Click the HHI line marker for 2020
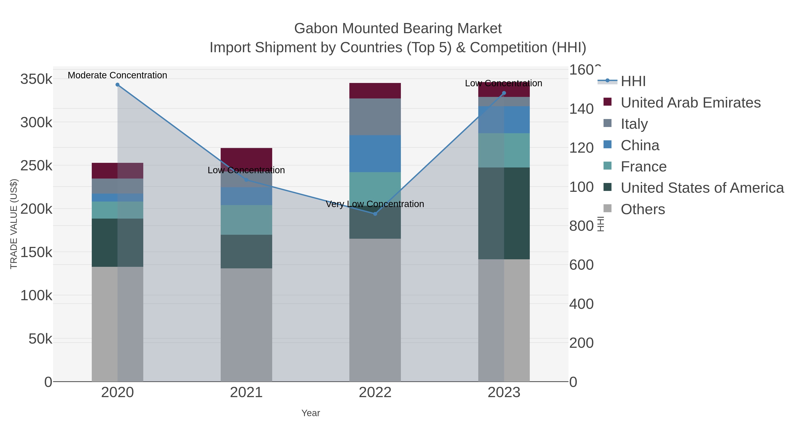point(117,85)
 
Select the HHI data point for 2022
point(375,214)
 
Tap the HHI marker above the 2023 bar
point(504,93)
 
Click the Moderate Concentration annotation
point(117,75)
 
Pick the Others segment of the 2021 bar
point(246,325)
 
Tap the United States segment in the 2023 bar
point(504,213)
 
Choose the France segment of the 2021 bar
point(246,220)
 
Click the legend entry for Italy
point(634,124)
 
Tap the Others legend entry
point(643,209)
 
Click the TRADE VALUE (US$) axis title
point(14,224)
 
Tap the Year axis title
point(311,413)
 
